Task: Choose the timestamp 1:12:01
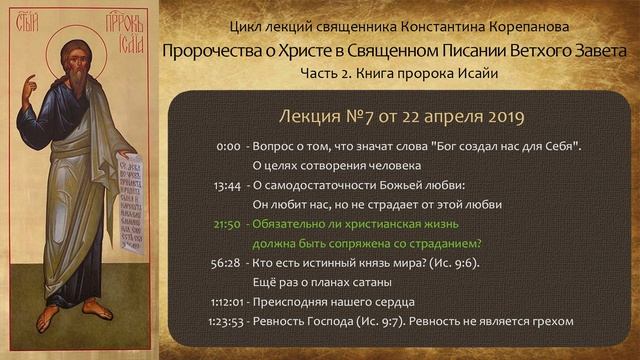[x=223, y=301]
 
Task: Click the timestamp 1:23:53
[x=223, y=321]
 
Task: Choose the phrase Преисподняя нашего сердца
[x=334, y=301]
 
